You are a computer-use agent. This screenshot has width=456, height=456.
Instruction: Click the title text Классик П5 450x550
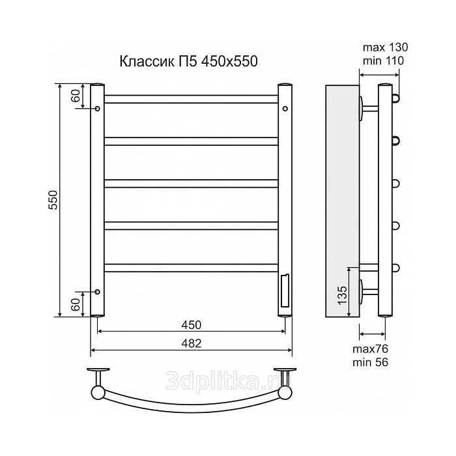coord(188,61)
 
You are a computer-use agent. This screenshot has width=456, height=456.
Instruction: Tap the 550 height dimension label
coord(53,200)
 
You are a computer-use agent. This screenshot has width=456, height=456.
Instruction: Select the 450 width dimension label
coord(191,325)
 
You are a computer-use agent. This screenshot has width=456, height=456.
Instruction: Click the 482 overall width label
coord(191,343)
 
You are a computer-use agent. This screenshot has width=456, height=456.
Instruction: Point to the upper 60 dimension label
coord(76,95)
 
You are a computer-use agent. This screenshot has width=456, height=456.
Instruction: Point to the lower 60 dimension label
coord(76,305)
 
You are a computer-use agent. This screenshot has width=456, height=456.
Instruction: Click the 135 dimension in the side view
coord(343,295)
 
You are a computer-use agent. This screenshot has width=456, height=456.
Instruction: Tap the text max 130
coord(385,47)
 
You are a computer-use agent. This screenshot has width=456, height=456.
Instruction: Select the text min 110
coord(383,61)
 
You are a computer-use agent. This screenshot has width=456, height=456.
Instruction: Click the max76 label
coord(370,349)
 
